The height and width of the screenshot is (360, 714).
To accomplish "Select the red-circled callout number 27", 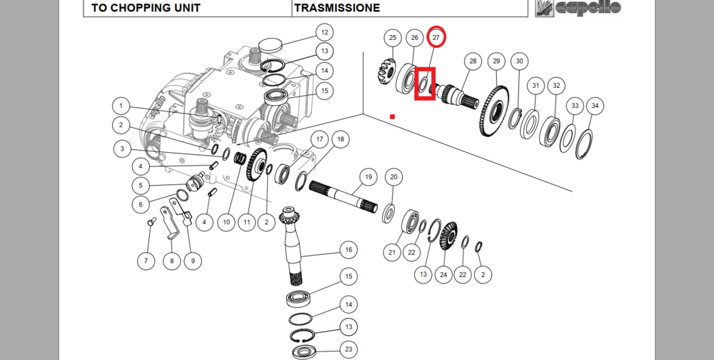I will pos(437,37).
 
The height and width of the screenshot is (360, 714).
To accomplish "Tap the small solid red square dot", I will pos(392,116).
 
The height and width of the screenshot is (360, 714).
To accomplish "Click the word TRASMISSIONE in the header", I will pos(338,9).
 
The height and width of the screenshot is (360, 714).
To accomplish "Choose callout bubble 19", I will pos(368,176).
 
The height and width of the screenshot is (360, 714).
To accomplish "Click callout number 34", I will pos(595,106).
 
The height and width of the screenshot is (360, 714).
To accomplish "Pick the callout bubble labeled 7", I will pos(146,261).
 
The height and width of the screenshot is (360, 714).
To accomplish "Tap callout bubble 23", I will pos(348,350).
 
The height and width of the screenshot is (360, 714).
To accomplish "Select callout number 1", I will pos(121,106).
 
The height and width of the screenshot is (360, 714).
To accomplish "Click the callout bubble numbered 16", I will pos(348,250).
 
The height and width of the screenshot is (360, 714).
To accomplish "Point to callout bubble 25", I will pos(392,37).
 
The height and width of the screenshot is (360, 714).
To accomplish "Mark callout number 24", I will pos(444,274).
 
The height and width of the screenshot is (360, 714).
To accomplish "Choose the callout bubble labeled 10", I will pos(226,222).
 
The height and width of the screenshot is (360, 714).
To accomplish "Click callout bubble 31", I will pos(535,86).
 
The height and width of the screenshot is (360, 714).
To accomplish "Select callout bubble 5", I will pos(141,185).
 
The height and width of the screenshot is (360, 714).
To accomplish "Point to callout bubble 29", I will pos(497,61).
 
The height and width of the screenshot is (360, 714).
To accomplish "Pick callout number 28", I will pos(472,61).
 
